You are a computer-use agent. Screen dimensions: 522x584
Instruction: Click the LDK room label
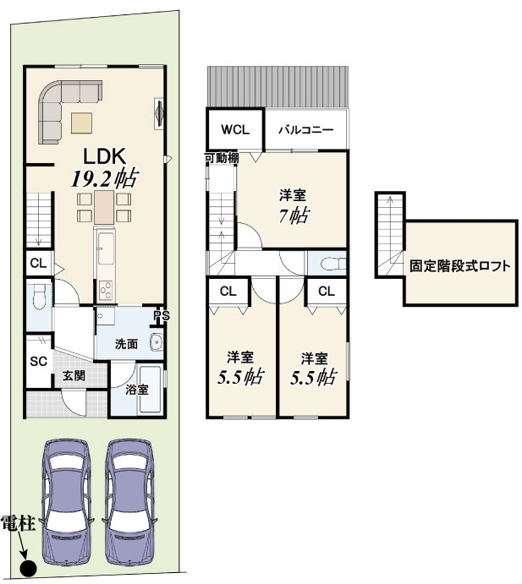104,156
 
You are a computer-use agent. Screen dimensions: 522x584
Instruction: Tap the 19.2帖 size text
105,178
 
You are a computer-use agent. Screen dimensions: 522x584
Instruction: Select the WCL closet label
235,129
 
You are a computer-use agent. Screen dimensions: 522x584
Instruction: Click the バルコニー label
306,130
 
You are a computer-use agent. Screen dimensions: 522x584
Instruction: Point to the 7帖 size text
294,215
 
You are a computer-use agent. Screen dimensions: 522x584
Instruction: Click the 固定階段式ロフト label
460,266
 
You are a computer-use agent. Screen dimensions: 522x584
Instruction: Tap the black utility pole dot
28,568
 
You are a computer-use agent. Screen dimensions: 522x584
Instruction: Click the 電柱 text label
19,523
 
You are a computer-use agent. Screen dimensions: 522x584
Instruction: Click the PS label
162,316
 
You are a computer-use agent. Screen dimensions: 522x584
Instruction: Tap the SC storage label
38,361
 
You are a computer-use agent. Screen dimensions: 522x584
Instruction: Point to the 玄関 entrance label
74,376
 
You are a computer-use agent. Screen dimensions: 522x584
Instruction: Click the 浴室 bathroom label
137,390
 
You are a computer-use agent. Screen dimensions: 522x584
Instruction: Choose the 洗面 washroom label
126,344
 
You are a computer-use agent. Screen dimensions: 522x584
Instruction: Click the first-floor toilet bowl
38,297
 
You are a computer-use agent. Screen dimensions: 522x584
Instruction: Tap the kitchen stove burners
106,290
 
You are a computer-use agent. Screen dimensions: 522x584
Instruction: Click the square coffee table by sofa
82,123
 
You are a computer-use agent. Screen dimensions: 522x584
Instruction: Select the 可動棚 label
222,158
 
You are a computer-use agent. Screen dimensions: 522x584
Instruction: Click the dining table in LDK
104,207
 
